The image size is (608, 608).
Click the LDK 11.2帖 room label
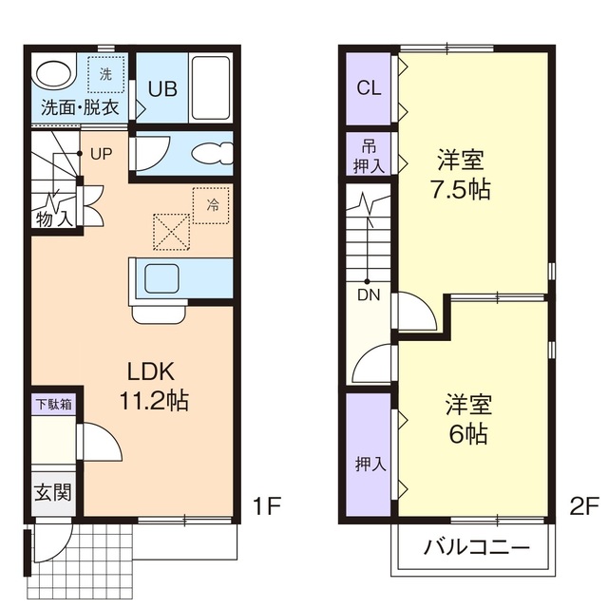(x=152, y=385)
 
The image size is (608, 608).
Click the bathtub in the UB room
(x=210, y=87)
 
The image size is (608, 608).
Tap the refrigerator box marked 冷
(x=211, y=204)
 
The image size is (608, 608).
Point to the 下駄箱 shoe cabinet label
(x=53, y=403)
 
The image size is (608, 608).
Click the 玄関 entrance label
(x=53, y=494)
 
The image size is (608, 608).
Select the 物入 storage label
(x=54, y=219)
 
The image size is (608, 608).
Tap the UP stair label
(x=101, y=153)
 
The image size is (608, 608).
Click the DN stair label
(x=368, y=294)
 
